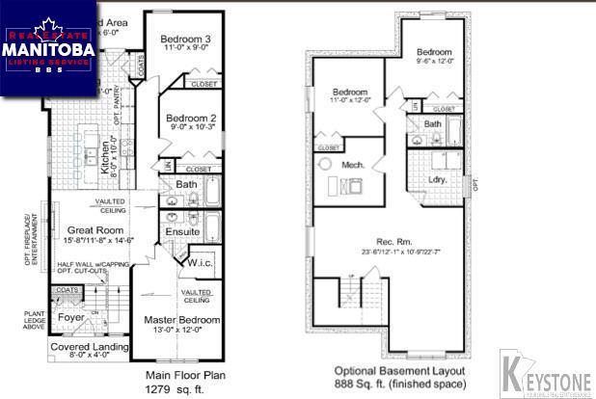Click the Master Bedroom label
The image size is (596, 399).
click(x=182, y=320)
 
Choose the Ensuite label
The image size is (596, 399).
click(x=183, y=232)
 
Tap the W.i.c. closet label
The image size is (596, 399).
click(x=201, y=263)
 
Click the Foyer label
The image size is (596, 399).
click(x=71, y=316)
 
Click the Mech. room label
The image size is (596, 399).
click(x=353, y=166)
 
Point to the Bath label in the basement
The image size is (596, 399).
click(x=433, y=123)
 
